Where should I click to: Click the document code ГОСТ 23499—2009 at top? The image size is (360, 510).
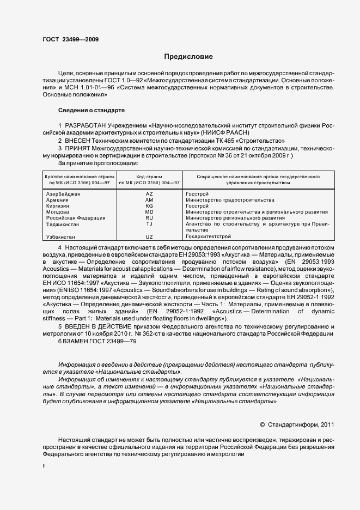pos(70,40)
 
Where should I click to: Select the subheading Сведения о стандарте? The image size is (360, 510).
pos(91,110)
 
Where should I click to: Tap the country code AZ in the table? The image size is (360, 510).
pos(149,194)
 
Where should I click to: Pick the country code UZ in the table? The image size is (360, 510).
pos(149,236)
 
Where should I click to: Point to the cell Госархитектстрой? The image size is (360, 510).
pos(209,236)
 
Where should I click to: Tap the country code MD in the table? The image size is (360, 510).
pos(149,212)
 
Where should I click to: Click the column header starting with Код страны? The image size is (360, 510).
pos(149,177)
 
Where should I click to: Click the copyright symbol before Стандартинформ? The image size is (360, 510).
pos(263,423)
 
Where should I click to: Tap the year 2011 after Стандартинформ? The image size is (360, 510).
pos(327,423)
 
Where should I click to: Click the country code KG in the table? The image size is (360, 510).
pos(149,206)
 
